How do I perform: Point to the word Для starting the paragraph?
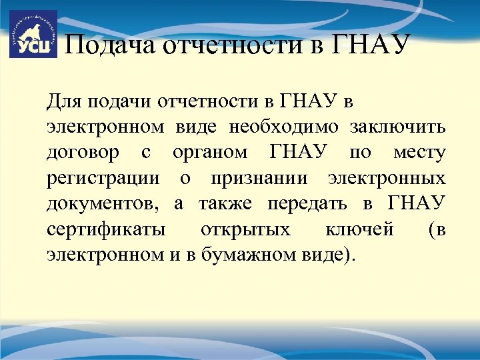pos(63,102)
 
